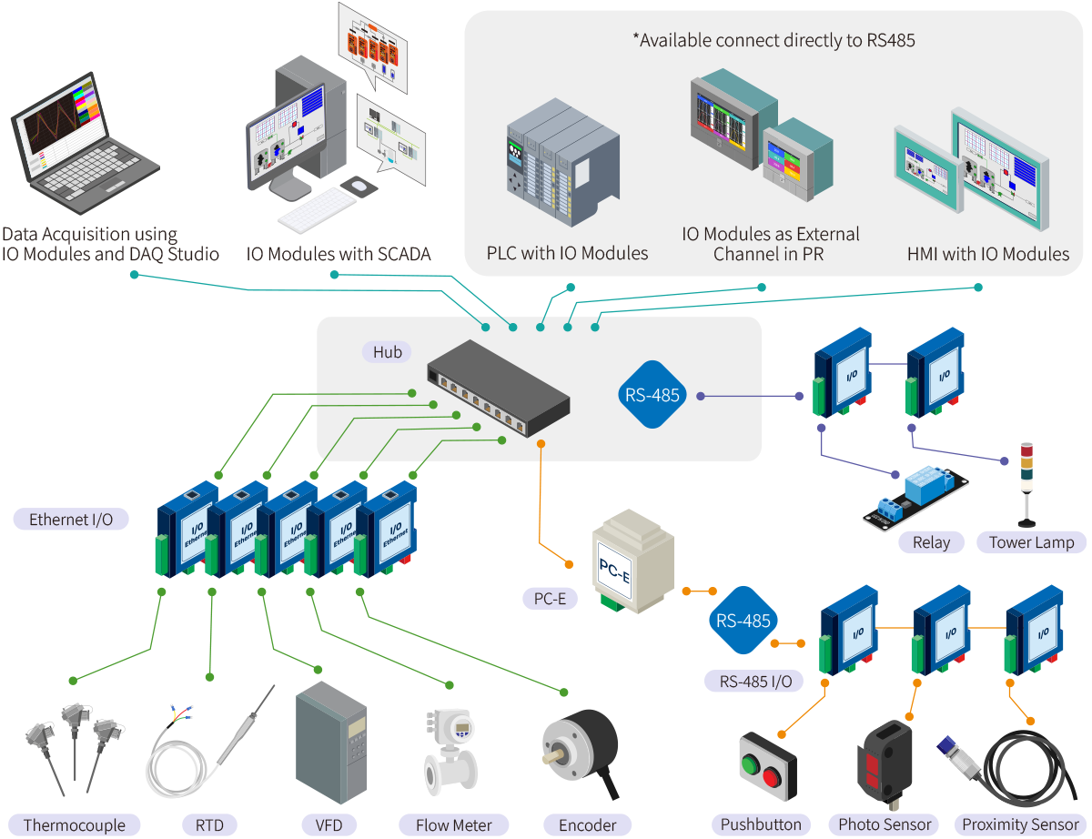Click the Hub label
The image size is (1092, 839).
point(387,351)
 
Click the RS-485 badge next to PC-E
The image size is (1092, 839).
point(743,622)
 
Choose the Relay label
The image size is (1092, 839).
point(931,542)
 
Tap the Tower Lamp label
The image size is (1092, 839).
point(1031,542)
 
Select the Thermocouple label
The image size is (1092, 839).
point(75,825)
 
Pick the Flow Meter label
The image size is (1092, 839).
point(454,825)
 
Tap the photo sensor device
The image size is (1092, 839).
point(883,759)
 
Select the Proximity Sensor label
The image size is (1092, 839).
point(1020,824)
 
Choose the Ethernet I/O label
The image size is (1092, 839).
point(71,520)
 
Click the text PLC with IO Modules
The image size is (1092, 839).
point(567,253)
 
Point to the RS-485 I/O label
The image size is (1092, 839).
point(754,681)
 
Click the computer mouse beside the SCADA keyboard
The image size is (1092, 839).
point(359,187)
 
